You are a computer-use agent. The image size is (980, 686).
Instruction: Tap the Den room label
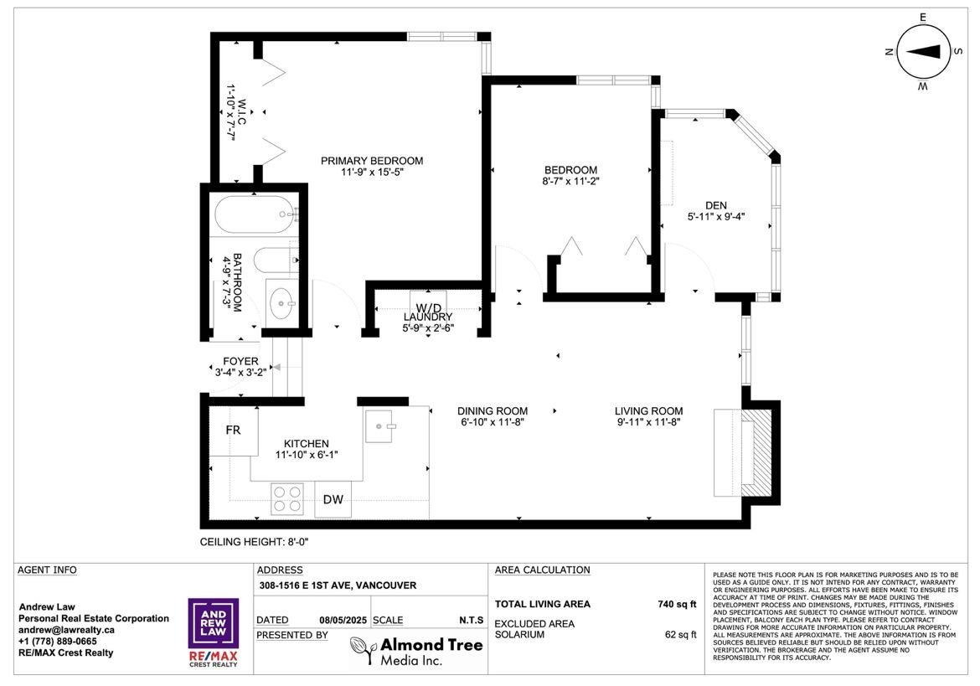pos(715,205)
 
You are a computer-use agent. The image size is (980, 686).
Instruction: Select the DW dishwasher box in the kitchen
pos(333,499)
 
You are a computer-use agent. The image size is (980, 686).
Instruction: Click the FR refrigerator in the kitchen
pos(233,431)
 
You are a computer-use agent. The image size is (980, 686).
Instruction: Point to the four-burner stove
pos(287,498)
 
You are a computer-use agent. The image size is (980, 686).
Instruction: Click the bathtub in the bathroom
pos(254,214)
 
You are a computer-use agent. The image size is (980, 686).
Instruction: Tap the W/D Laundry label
pos(428,312)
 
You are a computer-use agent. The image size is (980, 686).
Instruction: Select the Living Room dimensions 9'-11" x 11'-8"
pos(649,421)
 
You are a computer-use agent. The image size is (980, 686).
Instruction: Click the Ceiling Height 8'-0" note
pos(255,542)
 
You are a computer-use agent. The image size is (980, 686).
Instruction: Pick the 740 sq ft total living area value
pos(677,604)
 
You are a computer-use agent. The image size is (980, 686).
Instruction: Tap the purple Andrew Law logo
pos(213,623)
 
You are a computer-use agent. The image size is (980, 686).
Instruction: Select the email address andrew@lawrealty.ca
pos(66,630)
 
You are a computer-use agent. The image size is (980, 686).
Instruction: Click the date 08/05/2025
pos(343,621)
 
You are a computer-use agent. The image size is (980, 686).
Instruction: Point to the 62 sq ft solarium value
pos(681,635)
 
